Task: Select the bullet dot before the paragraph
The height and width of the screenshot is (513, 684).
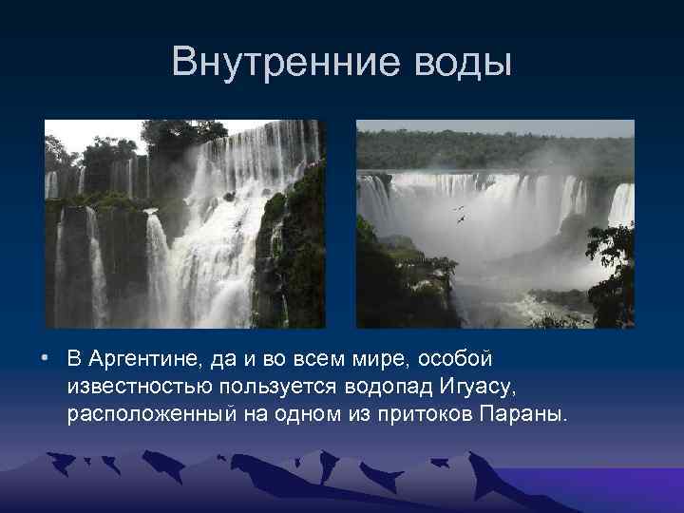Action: point(45,361)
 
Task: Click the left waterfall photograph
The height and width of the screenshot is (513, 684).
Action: point(184,224)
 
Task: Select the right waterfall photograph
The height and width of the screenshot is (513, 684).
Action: point(494,224)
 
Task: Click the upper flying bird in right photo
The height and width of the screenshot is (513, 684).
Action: point(459,207)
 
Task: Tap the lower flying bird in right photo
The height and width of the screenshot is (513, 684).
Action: point(462,220)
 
